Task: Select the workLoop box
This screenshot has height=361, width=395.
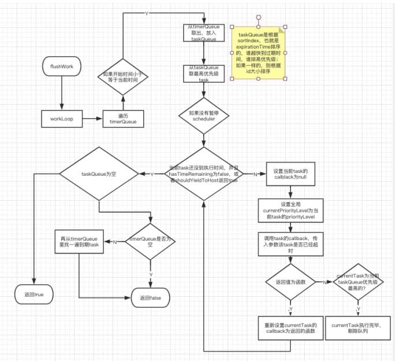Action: pos(60,119)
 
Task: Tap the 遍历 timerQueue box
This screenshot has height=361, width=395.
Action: pos(123,119)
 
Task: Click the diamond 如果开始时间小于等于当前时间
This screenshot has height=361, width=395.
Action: pos(123,77)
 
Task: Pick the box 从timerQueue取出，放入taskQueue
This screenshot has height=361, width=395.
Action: pos(203,33)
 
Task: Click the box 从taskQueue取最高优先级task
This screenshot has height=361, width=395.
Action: pos(203,75)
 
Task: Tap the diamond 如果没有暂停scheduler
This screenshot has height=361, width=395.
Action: pos(203,116)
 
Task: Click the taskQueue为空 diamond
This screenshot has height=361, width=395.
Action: pos(99,174)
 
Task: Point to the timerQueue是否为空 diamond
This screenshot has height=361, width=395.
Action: pos(150,241)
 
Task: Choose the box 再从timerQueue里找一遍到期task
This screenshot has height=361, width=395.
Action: pos(79,241)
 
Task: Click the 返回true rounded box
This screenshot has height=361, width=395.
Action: pos(35,295)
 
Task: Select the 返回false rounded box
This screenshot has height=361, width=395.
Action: pos(150,297)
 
